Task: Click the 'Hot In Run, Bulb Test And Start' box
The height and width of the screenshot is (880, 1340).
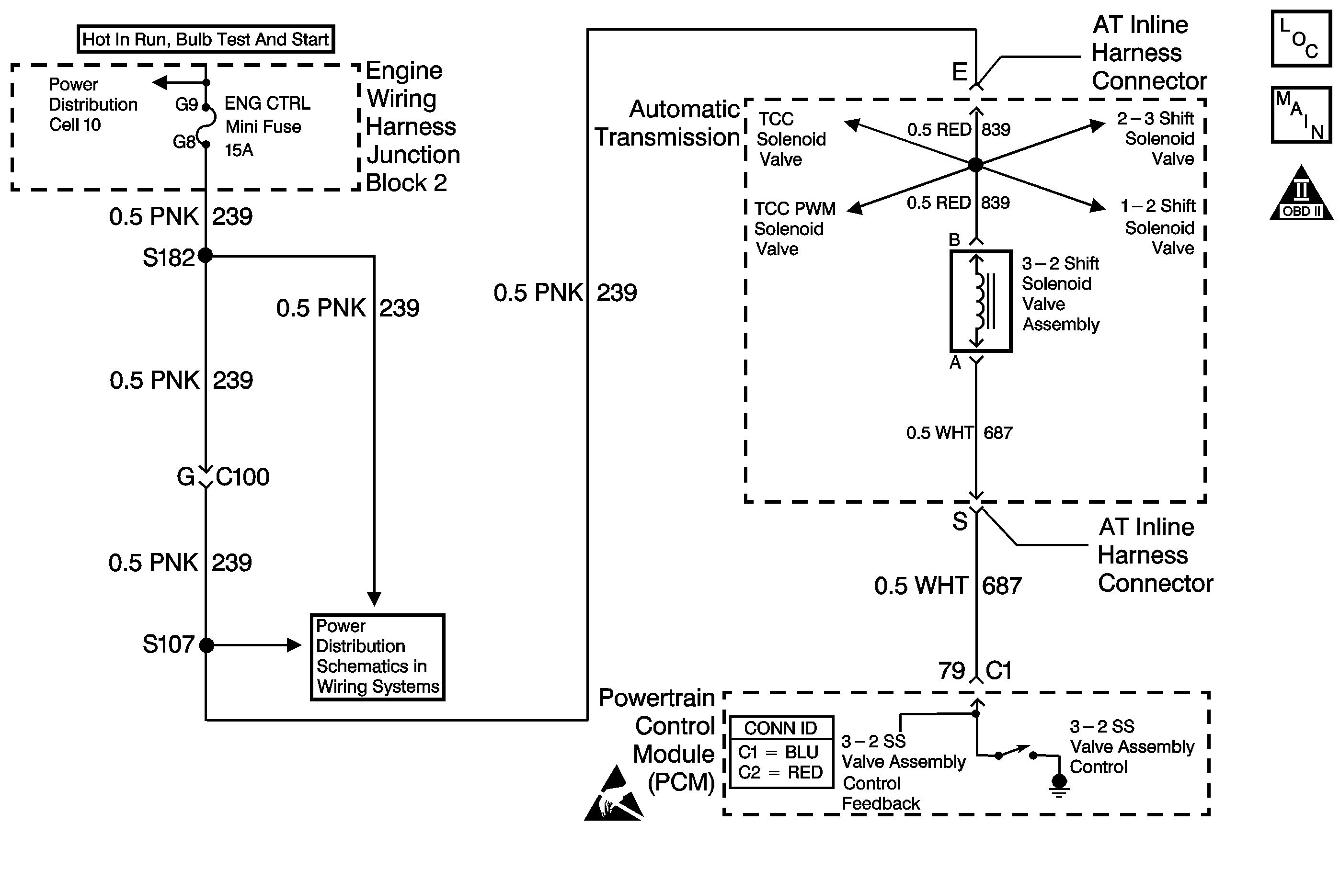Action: click(206, 39)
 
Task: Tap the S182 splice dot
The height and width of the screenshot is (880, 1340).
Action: click(206, 256)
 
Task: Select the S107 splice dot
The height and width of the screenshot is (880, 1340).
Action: click(206, 645)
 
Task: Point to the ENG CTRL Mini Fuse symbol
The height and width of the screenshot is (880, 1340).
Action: click(206, 125)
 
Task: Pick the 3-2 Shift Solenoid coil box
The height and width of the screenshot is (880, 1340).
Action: click(981, 301)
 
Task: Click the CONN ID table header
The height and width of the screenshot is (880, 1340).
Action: click(781, 728)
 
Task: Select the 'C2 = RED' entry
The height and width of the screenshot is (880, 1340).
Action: click(781, 773)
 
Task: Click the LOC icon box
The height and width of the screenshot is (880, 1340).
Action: click(1301, 38)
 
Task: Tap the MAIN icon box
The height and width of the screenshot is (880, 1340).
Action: click(1301, 115)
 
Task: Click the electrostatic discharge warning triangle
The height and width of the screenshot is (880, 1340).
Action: click(613, 797)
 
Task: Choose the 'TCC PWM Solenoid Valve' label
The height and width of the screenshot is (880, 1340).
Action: click(794, 228)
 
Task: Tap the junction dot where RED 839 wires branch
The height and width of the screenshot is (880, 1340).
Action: click(976, 165)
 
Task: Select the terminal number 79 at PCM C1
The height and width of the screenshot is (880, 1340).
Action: click(951, 670)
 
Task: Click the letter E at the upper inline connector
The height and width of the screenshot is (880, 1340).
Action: click(960, 72)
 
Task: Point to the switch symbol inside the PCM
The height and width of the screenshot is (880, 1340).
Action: click(1016, 753)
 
